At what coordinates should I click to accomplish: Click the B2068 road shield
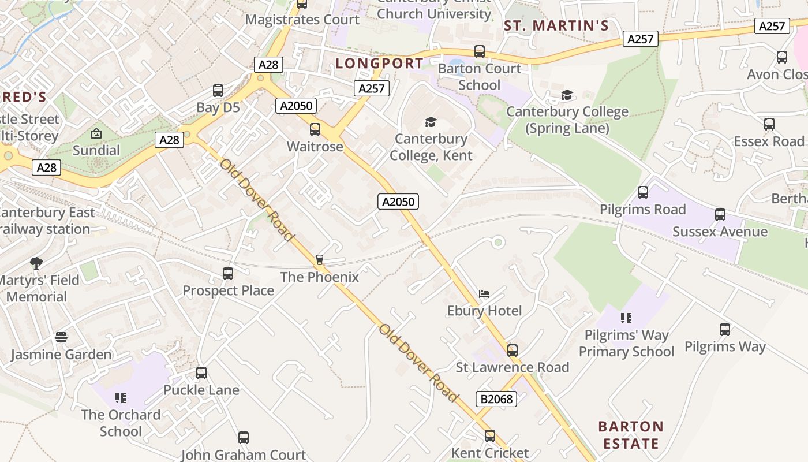[496, 398]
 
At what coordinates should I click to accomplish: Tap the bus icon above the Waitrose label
[315, 129]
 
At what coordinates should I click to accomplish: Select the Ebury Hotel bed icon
[484, 294]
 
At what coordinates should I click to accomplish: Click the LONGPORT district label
[379, 63]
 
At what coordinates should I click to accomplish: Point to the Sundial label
[96, 150]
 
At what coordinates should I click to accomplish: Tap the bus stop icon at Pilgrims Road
[643, 192]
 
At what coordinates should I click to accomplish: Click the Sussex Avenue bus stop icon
[720, 215]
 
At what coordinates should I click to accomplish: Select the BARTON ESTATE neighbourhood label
[630, 435]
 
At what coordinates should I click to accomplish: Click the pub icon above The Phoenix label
[320, 260]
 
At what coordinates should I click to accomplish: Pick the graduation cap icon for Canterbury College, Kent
[431, 122]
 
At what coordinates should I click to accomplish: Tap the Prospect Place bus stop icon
[228, 273]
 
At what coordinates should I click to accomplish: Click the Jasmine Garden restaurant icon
[61, 337]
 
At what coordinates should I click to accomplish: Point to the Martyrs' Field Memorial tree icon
[36, 263]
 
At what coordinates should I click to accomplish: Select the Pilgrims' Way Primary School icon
[626, 318]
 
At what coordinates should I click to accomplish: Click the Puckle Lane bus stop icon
[201, 373]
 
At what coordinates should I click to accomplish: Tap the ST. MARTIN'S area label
[556, 25]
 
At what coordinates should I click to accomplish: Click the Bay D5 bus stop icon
[218, 91]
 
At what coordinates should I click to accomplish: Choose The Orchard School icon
[121, 397]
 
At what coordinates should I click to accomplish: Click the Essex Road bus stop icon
[769, 124]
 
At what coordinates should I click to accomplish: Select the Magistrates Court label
[302, 20]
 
